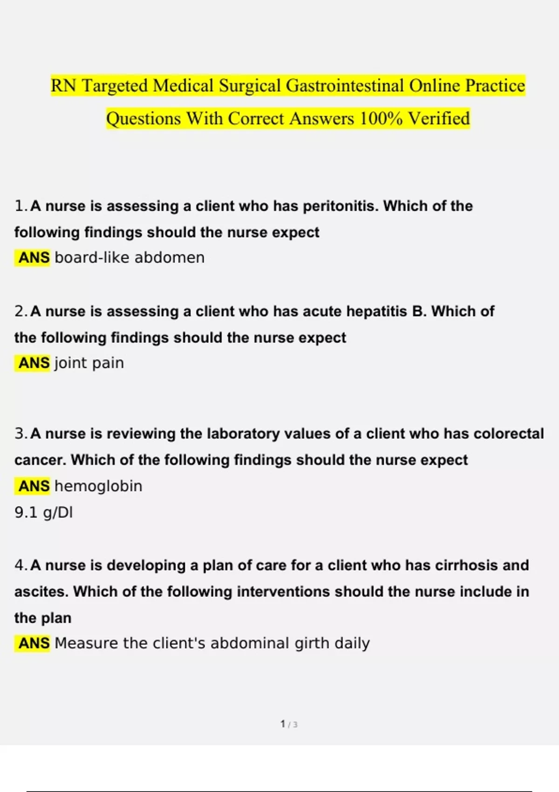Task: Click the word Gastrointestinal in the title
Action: click(x=345, y=86)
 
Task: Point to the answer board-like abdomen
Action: click(x=130, y=258)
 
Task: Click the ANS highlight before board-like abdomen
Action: click(x=34, y=258)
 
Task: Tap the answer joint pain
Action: click(x=89, y=363)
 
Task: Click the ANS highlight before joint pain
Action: click(x=34, y=363)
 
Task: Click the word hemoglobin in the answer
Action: click(x=98, y=486)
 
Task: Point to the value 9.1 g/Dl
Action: click(x=43, y=512)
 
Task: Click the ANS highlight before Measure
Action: click(x=34, y=643)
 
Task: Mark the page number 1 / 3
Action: click(x=289, y=724)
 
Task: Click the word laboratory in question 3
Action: click(x=243, y=434)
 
